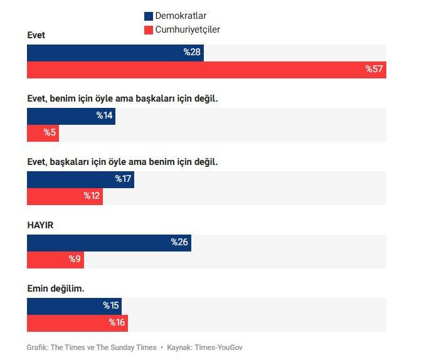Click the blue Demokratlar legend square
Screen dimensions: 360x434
pyautogui.click(x=149, y=16)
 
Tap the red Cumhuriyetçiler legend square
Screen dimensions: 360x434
pyautogui.click(x=149, y=30)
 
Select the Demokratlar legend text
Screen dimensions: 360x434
pyautogui.click(x=181, y=16)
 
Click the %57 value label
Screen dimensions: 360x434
pyautogui.click(x=374, y=70)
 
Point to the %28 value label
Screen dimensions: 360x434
pyautogui.click(x=192, y=53)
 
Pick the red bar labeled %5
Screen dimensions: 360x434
pyautogui.click(x=43, y=133)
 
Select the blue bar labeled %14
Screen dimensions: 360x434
pyautogui.click(x=71, y=116)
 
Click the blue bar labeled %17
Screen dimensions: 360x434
pyautogui.click(x=80, y=179)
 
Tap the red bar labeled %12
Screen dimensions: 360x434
pyautogui.click(x=65, y=196)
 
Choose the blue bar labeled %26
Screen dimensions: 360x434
pyautogui.click(x=109, y=243)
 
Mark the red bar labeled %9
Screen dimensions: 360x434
pyautogui.click(x=55, y=260)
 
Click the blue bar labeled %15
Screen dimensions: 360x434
pyautogui.click(x=74, y=306)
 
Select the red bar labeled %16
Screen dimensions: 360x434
pyautogui.click(x=77, y=323)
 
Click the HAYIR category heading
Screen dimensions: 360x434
pyautogui.click(x=40, y=225)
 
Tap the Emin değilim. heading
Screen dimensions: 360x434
pyautogui.click(x=55, y=289)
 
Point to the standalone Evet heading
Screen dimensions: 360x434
pyautogui.click(x=36, y=35)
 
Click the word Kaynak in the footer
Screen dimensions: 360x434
pyautogui.click(x=179, y=347)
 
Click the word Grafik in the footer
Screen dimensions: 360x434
pyautogui.click(x=37, y=347)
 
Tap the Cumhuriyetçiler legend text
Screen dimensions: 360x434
pyautogui.click(x=188, y=30)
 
